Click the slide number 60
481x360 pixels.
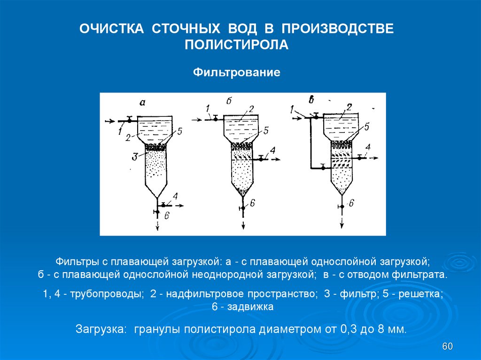pos(447,346)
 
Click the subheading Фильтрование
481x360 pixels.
pos(237,73)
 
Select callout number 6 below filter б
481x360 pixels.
pos(252,203)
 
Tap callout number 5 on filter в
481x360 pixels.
pos(366,126)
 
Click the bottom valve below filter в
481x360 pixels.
pos(342,205)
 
